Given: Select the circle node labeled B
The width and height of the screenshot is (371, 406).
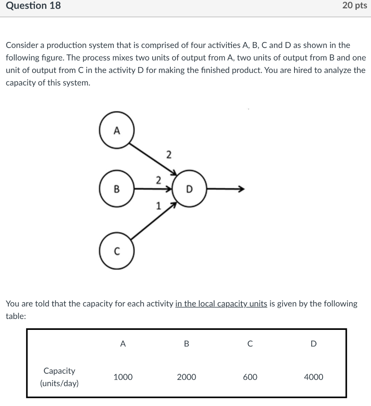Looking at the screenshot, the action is pyautogui.click(x=116, y=189).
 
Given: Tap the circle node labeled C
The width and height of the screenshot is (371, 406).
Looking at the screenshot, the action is pyautogui.click(x=116, y=251).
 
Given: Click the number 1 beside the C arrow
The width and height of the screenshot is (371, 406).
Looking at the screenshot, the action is pyautogui.click(x=159, y=206).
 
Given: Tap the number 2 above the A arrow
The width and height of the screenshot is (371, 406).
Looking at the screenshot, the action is pyautogui.click(x=168, y=154).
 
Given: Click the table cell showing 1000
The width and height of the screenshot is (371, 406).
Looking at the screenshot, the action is pyautogui.click(x=123, y=377).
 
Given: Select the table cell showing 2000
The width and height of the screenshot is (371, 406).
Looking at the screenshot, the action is pyautogui.click(x=186, y=377).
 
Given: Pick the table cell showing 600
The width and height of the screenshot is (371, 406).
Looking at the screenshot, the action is pyautogui.click(x=250, y=377).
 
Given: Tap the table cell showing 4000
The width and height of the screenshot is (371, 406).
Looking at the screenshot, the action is pyautogui.click(x=314, y=377).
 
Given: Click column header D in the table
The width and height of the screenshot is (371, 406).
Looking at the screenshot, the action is pyautogui.click(x=314, y=344).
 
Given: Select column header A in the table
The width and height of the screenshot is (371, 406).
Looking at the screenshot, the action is pyautogui.click(x=123, y=344).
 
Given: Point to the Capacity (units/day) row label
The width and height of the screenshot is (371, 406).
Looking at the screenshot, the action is pyautogui.click(x=59, y=377).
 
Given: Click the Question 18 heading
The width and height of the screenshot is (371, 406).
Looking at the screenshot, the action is pyautogui.click(x=33, y=6).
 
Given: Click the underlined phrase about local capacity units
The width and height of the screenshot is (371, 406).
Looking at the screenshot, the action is pyautogui.click(x=221, y=304).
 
